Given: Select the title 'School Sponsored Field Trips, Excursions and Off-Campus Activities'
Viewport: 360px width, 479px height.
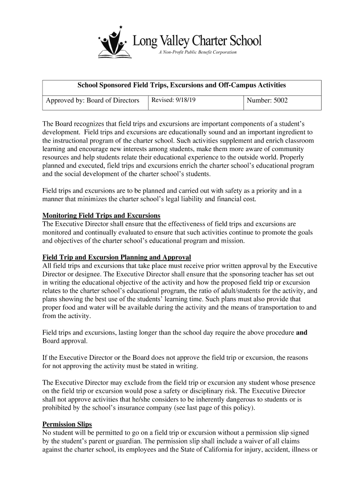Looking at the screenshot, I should (181, 86).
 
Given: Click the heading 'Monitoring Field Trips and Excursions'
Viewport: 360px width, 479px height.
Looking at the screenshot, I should (101, 216).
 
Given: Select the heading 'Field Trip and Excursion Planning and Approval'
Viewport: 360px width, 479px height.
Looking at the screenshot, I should (116, 257).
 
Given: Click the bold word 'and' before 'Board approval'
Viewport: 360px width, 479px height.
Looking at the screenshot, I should (302, 333).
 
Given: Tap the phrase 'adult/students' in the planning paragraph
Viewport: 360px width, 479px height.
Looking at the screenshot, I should (245, 290).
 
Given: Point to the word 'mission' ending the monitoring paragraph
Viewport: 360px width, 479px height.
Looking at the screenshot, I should (233, 241).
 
